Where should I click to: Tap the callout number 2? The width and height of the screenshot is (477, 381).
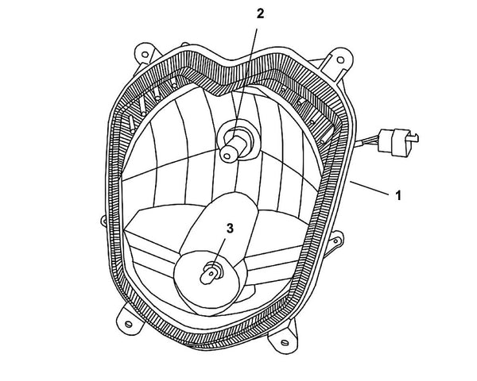point(259,13)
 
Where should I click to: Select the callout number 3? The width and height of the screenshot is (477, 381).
point(230,229)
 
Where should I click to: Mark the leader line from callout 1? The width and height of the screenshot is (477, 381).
point(370,188)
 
